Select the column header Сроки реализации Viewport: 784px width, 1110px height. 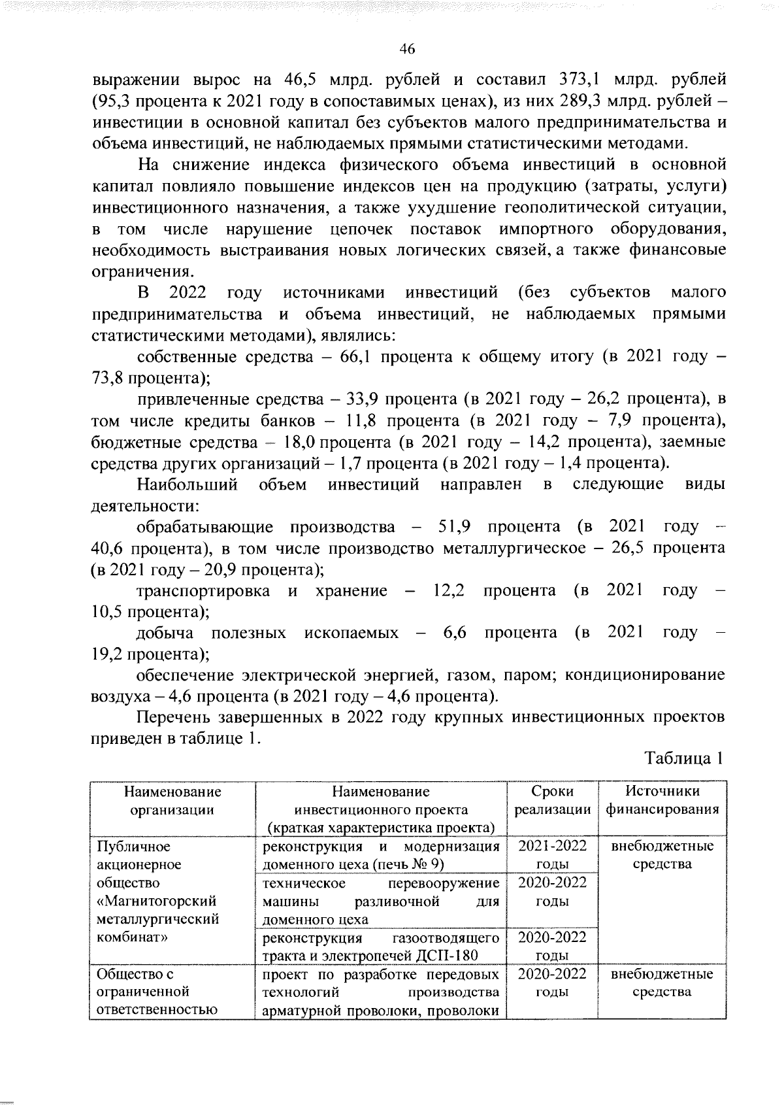tap(552, 800)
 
